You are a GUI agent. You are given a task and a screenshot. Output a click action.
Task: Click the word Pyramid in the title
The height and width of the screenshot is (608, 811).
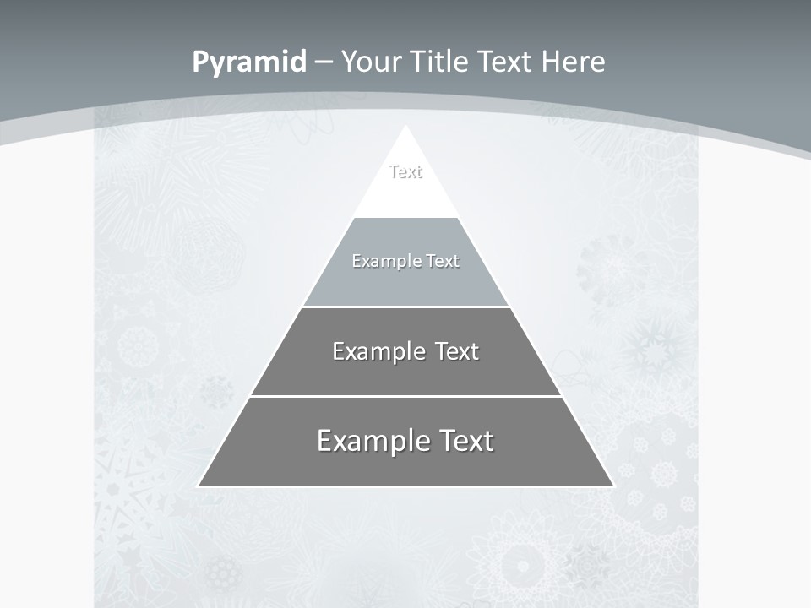[248, 62]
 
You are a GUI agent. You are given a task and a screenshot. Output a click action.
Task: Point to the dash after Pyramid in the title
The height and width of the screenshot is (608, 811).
[323, 62]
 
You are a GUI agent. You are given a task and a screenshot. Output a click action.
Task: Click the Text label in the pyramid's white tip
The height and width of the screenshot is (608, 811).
[405, 172]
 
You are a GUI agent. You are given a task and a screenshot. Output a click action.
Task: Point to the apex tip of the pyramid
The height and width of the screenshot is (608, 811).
[405, 128]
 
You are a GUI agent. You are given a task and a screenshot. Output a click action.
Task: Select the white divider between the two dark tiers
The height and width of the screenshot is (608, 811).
[405, 396]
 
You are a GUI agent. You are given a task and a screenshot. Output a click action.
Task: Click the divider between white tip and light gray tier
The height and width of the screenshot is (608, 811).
[405, 217]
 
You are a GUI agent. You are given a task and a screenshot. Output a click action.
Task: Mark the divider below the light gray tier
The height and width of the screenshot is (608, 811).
[405, 307]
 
